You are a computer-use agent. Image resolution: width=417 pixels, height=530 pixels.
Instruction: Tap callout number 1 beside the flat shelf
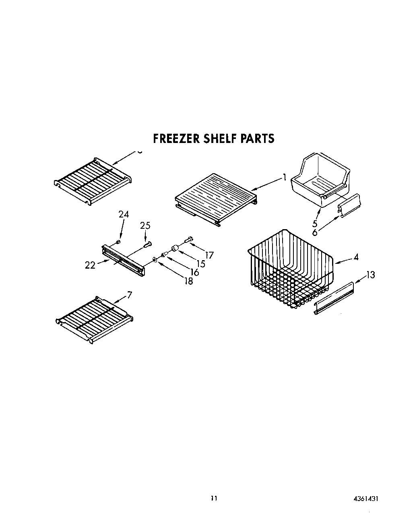[x=284, y=177]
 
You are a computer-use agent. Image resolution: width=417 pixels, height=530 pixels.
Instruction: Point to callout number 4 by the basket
[x=356, y=257]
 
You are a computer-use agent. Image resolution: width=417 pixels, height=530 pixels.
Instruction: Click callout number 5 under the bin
[x=315, y=224]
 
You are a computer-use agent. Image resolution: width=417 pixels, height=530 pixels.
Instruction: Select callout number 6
[x=315, y=232]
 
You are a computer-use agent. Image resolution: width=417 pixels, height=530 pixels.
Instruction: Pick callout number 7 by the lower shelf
[x=129, y=295]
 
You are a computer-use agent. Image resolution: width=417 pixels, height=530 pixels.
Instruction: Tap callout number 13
[x=370, y=275]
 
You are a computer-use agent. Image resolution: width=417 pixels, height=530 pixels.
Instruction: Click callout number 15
[x=201, y=264]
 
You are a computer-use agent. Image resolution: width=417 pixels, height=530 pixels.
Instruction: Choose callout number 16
[x=195, y=272]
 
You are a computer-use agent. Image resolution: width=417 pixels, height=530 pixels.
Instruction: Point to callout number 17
[x=209, y=255]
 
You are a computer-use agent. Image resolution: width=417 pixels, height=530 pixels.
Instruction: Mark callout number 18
[x=188, y=281]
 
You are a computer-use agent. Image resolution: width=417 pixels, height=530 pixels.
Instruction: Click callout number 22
[x=90, y=265]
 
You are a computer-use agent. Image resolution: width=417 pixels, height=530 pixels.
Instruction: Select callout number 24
[x=124, y=214]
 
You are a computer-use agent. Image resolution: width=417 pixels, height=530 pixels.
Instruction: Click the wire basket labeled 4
[x=290, y=274]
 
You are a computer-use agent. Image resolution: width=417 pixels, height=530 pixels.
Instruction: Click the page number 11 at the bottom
[x=214, y=499]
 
